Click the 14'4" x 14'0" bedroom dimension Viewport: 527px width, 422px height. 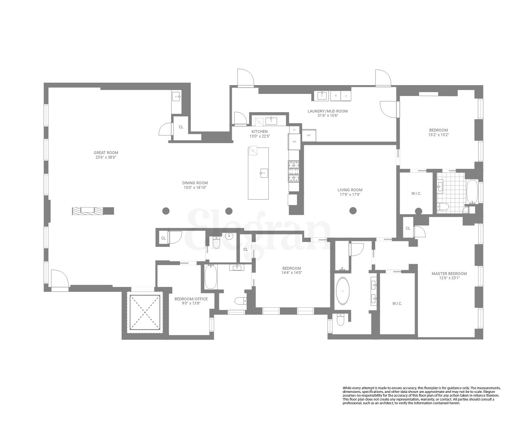(291, 272)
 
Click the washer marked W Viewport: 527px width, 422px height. (336, 96)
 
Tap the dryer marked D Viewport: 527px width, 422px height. (346, 96)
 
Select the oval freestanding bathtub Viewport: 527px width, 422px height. (341, 291)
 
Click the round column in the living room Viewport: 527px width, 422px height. (353, 211)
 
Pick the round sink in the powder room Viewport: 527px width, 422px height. (230, 236)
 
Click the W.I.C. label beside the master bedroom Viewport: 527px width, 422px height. (397, 303)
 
